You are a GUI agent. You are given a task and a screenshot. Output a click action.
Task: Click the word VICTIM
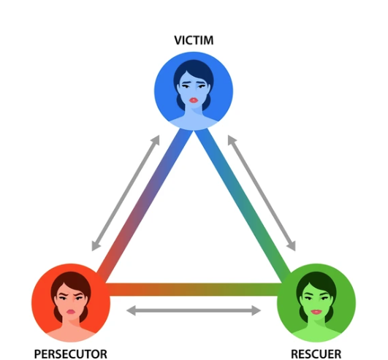pos(194,40)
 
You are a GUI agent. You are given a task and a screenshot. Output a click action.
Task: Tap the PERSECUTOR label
pos(71,354)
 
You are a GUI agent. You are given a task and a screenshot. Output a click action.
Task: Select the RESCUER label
pos(316,354)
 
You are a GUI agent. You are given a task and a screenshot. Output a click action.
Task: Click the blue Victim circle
pos(194,91)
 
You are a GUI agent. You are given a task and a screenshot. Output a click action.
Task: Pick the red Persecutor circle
pos(71,302)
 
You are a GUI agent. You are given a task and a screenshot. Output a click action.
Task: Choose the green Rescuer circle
pos(316,302)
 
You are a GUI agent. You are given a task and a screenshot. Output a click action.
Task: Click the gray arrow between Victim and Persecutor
pos(126,193)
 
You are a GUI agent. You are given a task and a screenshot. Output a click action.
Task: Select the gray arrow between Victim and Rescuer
pos(262,193)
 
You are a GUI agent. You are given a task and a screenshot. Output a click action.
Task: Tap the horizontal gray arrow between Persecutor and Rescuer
pos(194,310)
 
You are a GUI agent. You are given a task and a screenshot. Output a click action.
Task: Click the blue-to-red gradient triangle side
pos(145,205)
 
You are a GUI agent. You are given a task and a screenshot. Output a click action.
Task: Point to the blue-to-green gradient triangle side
pos(243,205)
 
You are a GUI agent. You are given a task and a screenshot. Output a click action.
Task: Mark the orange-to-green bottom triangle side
pos(194,289)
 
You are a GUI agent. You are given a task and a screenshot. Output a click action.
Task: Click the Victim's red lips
pos(194,100)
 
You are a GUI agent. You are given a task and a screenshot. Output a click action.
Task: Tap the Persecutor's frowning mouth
pos(71,312)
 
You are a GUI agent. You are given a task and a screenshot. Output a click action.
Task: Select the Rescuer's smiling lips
pos(316,312)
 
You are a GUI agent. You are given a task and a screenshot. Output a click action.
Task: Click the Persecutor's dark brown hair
pos(71,280)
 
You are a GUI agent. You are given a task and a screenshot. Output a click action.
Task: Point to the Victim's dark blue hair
pos(194,67)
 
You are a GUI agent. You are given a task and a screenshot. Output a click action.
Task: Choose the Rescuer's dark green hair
pos(316,280)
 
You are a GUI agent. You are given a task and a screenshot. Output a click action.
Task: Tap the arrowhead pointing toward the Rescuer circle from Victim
pos(292,245)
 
